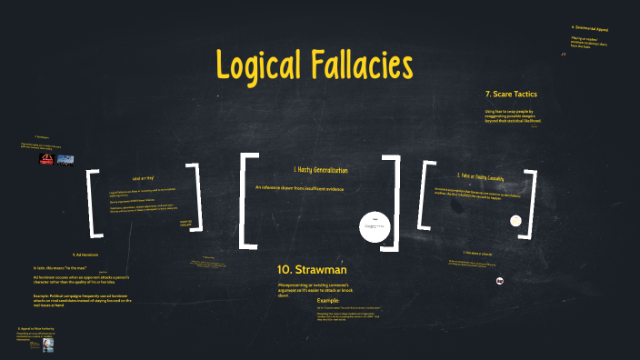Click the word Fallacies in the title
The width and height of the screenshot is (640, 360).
click(365, 65)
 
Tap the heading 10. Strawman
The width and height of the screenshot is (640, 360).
click(312, 270)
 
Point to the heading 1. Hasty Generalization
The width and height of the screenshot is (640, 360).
click(320, 170)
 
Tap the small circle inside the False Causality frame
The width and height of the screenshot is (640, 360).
click(515, 220)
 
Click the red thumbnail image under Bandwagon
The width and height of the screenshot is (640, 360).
click(45, 158)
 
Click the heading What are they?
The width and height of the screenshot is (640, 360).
click(143, 178)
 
